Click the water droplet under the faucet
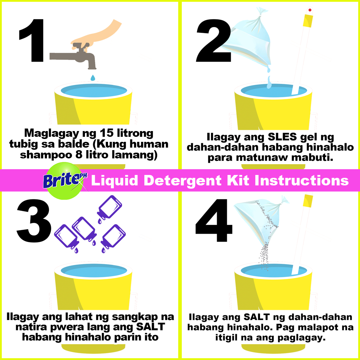pyautogui.click(x=93, y=77)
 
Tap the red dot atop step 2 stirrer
pyautogui.click(x=310, y=10)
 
